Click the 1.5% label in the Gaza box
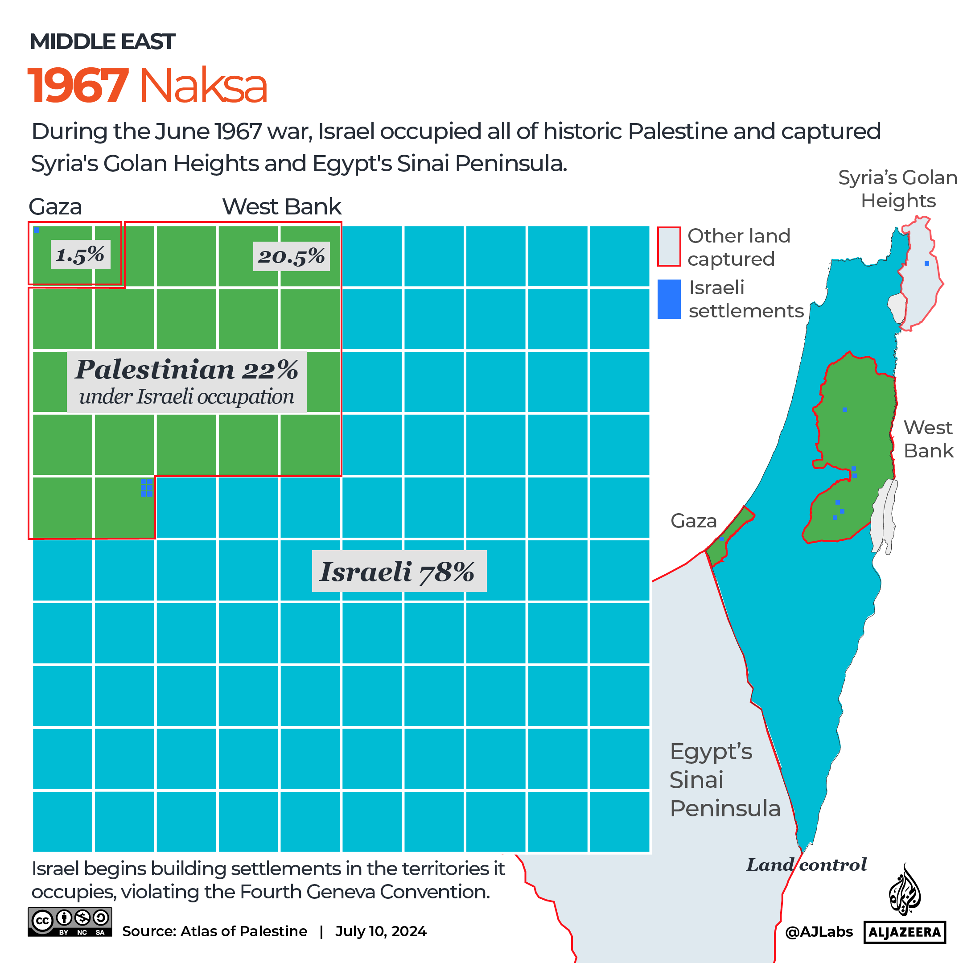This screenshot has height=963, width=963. click(x=80, y=255)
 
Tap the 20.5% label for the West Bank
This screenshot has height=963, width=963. click(x=291, y=256)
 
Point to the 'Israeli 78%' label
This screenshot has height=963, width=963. click(x=398, y=571)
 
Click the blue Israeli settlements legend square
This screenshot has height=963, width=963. click(x=669, y=299)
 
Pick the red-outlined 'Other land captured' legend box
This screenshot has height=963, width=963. click(x=669, y=247)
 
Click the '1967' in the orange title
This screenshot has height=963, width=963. click(x=78, y=86)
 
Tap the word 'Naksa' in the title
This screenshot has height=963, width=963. click(x=203, y=86)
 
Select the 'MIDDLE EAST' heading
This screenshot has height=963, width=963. click(x=102, y=41)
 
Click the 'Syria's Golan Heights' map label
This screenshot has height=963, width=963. click(x=897, y=189)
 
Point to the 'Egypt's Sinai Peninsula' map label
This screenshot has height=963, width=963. click(x=724, y=780)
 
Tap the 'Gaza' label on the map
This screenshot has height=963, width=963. click(x=693, y=521)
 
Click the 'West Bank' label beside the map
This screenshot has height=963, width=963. click(x=928, y=439)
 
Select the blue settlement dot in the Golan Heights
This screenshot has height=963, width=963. click(x=926, y=263)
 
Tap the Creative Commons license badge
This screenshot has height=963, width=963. click(x=70, y=922)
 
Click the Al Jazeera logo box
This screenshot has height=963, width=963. click(x=905, y=932)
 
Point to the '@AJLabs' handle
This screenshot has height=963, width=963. click(x=819, y=932)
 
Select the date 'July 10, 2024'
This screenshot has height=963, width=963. click(x=381, y=931)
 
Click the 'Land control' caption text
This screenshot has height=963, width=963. click(x=806, y=865)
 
